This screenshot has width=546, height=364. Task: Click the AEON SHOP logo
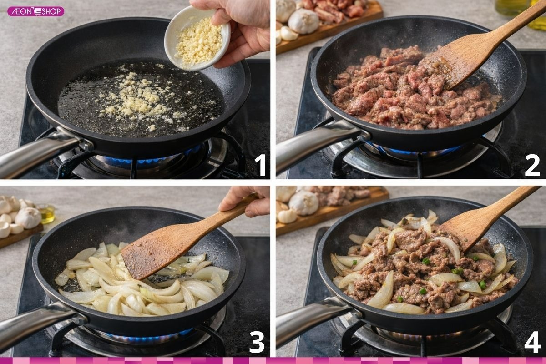(35, 11)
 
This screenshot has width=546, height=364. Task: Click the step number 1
(260, 165)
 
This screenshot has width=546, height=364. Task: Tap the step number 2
(532, 165)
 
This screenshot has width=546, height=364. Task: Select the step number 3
(257, 343)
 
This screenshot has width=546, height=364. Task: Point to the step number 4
(532, 342)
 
